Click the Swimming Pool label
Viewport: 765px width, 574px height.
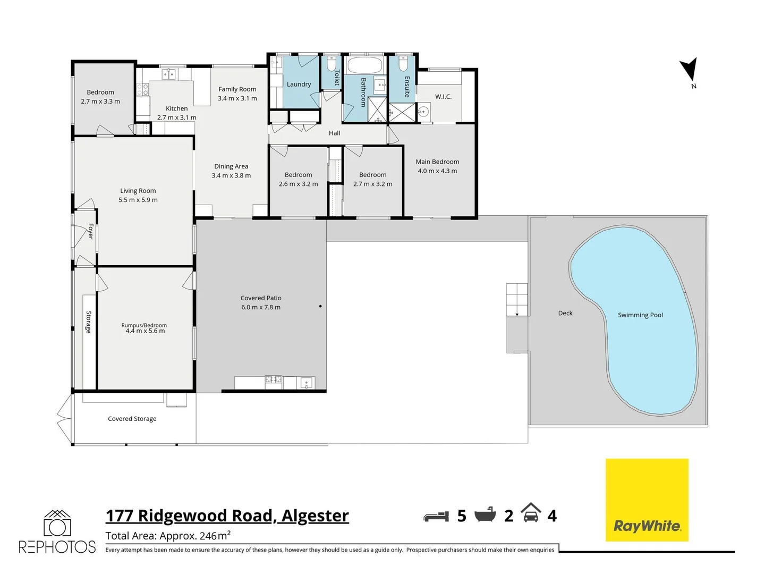click(x=640, y=315)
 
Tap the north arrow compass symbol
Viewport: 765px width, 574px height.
click(x=689, y=70)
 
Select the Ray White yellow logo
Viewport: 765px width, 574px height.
click(x=647, y=500)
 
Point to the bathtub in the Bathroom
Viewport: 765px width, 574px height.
click(x=364, y=66)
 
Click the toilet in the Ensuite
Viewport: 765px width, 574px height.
click(x=402, y=64)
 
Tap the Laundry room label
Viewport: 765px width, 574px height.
click(x=299, y=84)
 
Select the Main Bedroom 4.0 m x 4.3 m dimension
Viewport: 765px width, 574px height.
click(x=437, y=171)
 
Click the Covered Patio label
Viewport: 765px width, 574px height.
click(x=261, y=298)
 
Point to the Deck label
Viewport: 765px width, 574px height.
click(x=565, y=314)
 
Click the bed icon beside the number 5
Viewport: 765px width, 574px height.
click(x=436, y=516)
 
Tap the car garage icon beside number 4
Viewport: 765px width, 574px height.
click(x=531, y=513)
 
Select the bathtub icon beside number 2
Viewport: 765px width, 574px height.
click(x=484, y=514)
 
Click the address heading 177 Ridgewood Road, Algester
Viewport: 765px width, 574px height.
click(x=227, y=516)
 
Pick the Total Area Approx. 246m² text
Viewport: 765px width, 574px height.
click(x=168, y=536)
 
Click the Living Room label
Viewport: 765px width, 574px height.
click(x=138, y=191)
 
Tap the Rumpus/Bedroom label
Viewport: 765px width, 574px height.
click(x=144, y=325)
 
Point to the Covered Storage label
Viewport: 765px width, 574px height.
click(x=132, y=419)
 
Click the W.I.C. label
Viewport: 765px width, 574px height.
click(x=443, y=97)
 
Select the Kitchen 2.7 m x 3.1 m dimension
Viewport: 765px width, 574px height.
click(x=177, y=117)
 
